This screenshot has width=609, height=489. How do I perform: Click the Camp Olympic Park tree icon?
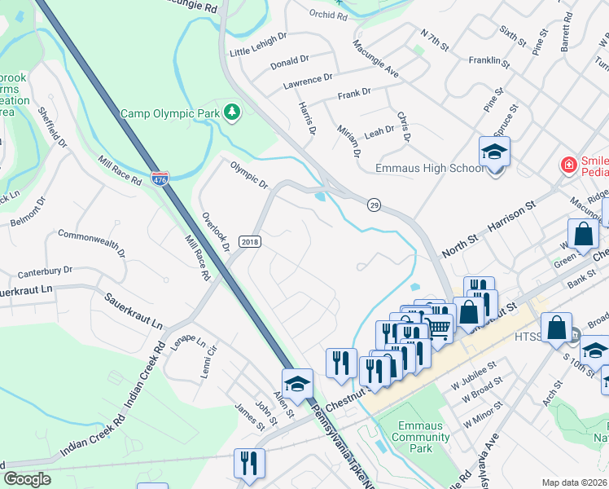click(x=233, y=112)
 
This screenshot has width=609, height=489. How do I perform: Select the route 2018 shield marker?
click(x=249, y=242)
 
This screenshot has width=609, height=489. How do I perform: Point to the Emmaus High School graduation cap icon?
click(x=493, y=152)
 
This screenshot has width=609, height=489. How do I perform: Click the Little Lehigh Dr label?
click(x=258, y=44)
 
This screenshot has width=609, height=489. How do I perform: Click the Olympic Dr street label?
click(x=248, y=174)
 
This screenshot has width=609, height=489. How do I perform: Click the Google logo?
click(x=27, y=479)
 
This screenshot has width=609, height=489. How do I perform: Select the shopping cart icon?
click(x=439, y=328)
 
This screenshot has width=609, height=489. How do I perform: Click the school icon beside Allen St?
click(x=297, y=383)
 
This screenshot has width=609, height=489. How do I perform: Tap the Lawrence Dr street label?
click(x=308, y=79)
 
